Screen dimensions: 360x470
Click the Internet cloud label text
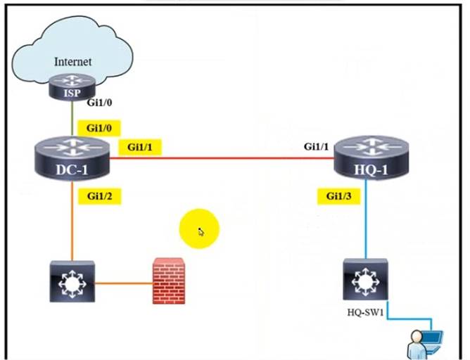(72, 62)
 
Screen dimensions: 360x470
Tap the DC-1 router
(72, 159)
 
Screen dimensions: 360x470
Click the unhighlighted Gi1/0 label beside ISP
(99, 102)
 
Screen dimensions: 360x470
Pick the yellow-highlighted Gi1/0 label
(99, 128)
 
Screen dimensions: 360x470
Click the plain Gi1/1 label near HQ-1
(317, 147)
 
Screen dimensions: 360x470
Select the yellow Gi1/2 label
(99, 196)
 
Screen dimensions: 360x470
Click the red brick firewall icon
(168, 281)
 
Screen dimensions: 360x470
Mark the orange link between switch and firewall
(123, 284)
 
